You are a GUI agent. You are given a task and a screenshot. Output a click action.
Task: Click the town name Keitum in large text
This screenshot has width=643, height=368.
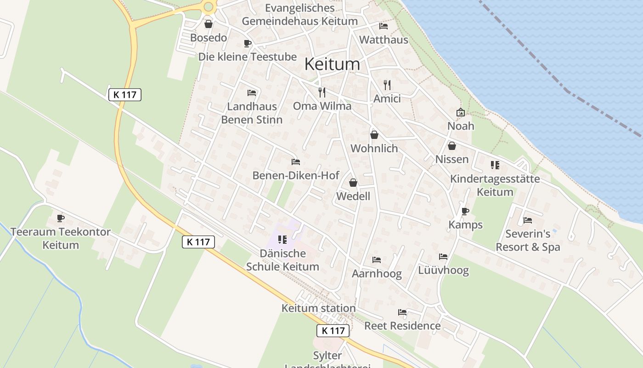point(332,64)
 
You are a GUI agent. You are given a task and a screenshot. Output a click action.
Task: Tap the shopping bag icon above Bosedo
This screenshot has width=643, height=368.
point(209,24)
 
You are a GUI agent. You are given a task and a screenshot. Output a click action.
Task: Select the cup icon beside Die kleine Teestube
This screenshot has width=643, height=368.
point(248,44)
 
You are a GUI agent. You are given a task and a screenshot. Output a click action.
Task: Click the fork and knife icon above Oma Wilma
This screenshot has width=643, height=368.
point(322,92)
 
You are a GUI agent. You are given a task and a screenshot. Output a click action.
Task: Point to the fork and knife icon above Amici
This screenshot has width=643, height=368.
point(387,85)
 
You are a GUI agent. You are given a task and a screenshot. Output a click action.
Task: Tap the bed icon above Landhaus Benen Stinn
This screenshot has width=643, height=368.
point(252,93)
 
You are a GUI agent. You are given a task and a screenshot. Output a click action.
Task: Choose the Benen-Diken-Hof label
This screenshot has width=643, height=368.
point(296,175)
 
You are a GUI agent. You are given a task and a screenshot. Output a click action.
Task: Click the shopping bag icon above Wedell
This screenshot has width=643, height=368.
point(353,183)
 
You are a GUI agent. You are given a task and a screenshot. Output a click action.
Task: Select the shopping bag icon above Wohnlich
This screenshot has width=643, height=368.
point(374,135)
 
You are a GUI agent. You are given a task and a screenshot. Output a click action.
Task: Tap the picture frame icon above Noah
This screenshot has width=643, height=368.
point(460,112)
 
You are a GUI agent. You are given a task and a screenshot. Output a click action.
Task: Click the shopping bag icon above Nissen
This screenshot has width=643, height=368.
point(452,146)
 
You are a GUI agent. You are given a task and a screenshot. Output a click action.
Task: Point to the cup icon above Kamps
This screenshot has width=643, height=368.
point(465,211)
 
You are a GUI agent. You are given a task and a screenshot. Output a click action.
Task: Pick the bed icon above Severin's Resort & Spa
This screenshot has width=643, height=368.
point(528,220)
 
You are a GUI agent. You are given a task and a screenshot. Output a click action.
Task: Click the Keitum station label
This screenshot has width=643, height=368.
point(319,308)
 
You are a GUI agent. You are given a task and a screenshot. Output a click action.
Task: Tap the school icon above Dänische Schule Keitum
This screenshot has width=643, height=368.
point(282,240)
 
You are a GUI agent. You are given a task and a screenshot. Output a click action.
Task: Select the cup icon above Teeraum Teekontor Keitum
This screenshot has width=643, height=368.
point(61,218)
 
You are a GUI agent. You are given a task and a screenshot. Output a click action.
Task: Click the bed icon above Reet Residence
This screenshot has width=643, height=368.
point(402,312)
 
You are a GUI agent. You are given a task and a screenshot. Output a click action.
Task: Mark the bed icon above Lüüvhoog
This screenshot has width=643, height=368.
point(443,257)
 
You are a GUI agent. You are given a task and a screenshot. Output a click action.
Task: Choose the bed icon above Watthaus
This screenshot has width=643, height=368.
point(384,26)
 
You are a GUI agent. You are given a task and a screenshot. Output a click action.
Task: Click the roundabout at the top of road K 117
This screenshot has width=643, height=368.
point(209,6)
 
